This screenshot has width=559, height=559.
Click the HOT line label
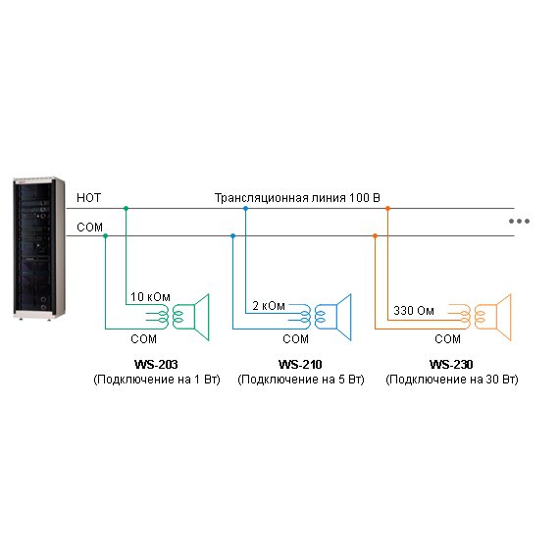pyautogui.click(x=89, y=197)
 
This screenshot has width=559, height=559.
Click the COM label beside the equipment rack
pyautogui.click(x=89, y=228)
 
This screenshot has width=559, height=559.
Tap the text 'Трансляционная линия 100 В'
pyautogui.click(x=297, y=197)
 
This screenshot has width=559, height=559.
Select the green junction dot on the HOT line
pyautogui.click(x=126, y=208)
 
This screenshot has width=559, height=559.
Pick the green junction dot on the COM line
pyautogui.click(x=105, y=236)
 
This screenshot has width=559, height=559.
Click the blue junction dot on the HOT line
pyautogui.click(x=245, y=208)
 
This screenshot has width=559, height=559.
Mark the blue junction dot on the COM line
pyautogui.click(x=232, y=236)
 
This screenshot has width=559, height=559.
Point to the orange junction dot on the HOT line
pyautogui.click(x=387, y=208)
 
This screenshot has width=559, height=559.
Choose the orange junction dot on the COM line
pyautogui.click(x=375, y=236)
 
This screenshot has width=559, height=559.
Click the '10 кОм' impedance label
pyautogui.click(x=150, y=296)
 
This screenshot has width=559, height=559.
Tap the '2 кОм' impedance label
pyautogui.click(x=269, y=306)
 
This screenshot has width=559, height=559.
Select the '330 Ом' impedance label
pyautogui.click(x=414, y=311)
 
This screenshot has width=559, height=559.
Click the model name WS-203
pyautogui.click(x=156, y=365)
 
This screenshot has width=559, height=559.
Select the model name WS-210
pyautogui.click(x=300, y=365)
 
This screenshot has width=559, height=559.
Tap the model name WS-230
pyautogui.click(x=451, y=365)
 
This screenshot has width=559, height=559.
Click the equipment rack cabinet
pyautogui.click(x=38, y=248)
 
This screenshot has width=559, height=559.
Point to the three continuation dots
pyautogui.click(x=519, y=221)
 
